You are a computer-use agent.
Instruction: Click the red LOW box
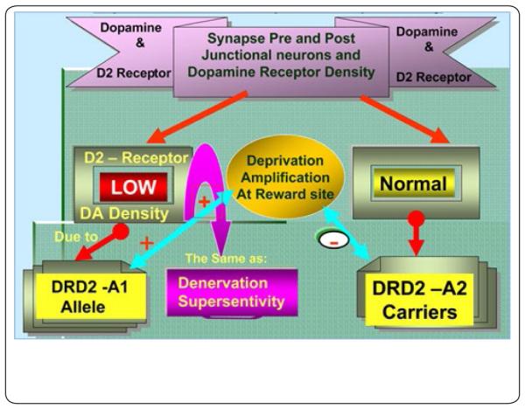[x=136, y=187]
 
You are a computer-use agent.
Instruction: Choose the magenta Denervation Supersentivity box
[x=232, y=292]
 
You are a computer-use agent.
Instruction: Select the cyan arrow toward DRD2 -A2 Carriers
[x=355, y=232]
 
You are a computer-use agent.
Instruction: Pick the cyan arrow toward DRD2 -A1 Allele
[x=174, y=232]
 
